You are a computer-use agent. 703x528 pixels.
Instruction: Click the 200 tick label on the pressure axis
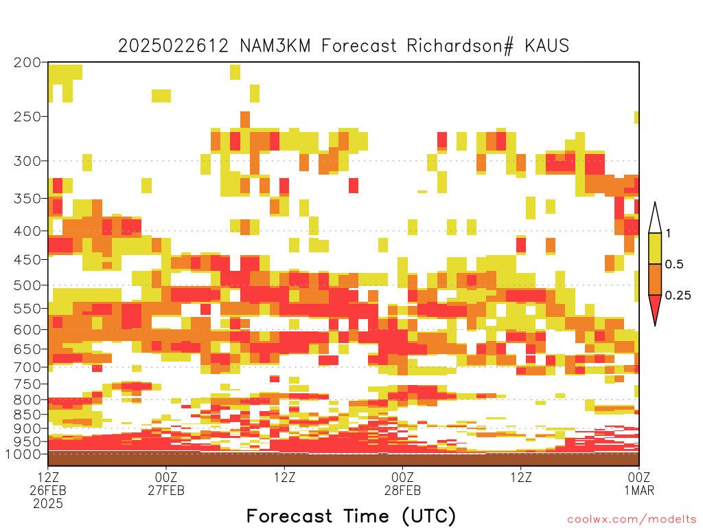[x=27, y=63]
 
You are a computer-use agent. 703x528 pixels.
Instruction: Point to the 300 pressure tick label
[x=27, y=161]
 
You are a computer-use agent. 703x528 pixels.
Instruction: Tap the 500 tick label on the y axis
[x=27, y=285]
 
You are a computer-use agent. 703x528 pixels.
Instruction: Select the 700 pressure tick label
[x=27, y=367]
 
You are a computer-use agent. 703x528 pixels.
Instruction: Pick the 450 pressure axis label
[x=27, y=259]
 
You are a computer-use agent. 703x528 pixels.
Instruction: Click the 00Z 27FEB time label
[x=166, y=483]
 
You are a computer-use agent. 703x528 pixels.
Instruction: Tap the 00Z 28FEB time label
[x=402, y=483]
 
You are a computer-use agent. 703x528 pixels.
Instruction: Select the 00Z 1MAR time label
[x=639, y=483]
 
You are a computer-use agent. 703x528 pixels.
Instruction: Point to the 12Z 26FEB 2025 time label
[x=48, y=490]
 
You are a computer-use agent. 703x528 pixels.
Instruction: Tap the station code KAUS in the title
[x=546, y=46]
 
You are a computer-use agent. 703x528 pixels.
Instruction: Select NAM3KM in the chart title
[x=275, y=46]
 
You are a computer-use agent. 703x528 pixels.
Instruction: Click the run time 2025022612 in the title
[x=174, y=46]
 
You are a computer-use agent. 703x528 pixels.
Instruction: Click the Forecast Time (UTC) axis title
[x=351, y=516]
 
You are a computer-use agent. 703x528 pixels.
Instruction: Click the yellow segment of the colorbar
[x=655, y=248]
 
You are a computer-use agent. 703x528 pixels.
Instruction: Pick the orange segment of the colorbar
[x=655, y=279]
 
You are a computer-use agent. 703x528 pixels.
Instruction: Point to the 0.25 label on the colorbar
[x=678, y=296]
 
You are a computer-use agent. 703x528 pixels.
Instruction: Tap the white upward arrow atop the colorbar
[x=655, y=218]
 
